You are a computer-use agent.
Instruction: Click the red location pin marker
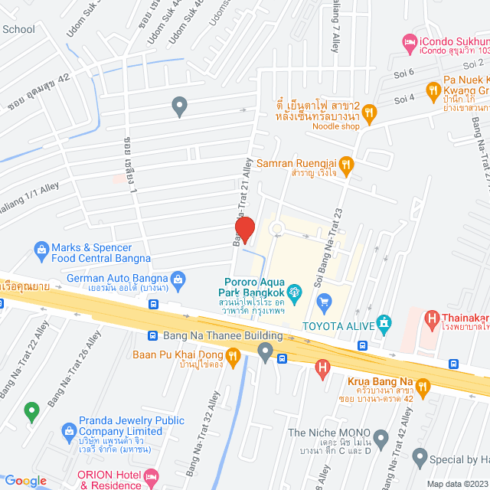[x=245, y=229]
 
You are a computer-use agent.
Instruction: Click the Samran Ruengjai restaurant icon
[x=346, y=163]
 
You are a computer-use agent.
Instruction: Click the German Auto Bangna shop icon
[x=178, y=277]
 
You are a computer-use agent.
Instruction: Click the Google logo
[x=25, y=480]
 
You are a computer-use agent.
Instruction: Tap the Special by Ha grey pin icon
[x=420, y=458]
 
